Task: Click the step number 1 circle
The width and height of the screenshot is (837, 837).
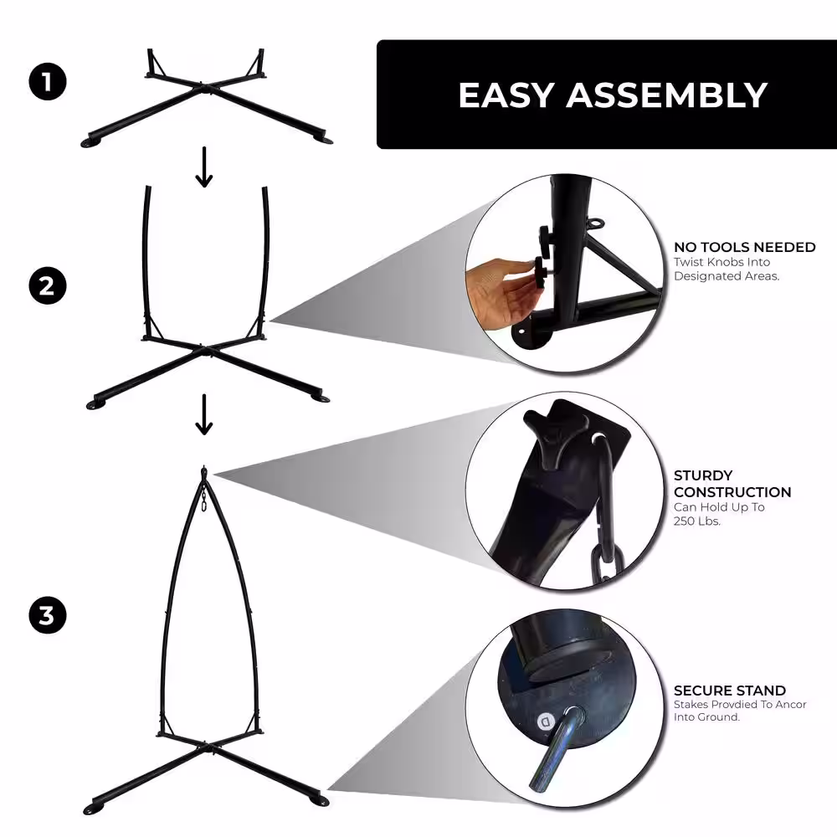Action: click(47, 82)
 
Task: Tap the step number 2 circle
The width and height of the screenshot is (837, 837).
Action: click(47, 286)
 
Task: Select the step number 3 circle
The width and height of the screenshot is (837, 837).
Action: click(47, 617)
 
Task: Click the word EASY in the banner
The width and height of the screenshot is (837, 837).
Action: click(506, 95)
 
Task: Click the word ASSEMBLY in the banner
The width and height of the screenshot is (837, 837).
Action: click(666, 95)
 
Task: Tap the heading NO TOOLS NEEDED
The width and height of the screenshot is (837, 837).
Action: click(744, 247)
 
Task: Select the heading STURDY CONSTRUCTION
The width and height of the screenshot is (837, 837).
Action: click(732, 484)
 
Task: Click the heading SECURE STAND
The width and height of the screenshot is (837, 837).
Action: click(729, 691)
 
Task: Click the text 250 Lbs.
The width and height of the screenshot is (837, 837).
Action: click(696, 521)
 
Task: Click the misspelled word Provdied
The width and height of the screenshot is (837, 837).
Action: click(737, 705)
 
